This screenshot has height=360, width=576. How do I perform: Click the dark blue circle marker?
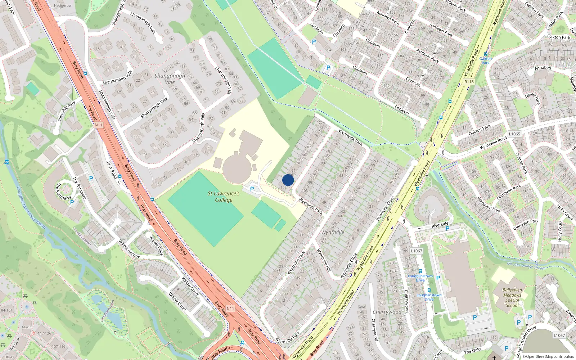[x=288, y=180]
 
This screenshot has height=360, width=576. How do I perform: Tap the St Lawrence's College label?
[x=224, y=197]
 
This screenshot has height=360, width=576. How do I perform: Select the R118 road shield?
[x=469, y=82]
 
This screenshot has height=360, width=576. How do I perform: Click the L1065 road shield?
[x=514, y=134]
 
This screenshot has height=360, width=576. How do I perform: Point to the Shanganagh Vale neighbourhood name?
[x=170, y=79]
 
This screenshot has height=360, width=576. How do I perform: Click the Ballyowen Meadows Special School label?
[x=512, y=297]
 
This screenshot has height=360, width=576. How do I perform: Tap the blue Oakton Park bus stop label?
[x=485, y=60]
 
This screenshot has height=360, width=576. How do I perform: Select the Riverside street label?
[x=440, y=225]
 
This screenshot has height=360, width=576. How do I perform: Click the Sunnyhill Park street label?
[x=67, y=111]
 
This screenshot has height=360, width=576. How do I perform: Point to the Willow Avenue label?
[x=129, y=249]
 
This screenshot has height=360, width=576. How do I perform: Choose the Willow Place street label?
[x=156, y=246]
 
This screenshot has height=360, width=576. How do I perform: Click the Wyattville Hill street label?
[x=324, y=260]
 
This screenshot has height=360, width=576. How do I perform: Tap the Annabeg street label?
[x=543, y=68]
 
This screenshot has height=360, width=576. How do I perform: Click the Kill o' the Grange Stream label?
[x=526, y=266]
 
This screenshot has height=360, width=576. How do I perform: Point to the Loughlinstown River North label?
[x=31, y=208]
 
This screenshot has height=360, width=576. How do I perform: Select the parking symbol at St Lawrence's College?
[x=252, y=189]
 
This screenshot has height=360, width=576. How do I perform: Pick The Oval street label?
[x=14, y=344]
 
